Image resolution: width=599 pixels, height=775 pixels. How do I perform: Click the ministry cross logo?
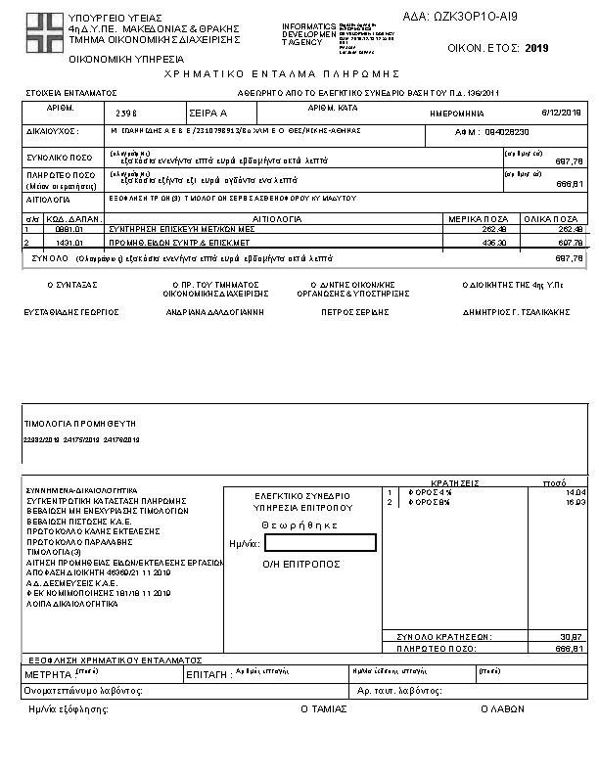pyautogui.click(x=42, y=32)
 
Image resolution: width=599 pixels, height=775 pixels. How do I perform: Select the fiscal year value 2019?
pyautogui.click(x=537, y=47)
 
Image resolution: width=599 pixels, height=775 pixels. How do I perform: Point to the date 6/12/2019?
pyautogui.click(x=562, y=113)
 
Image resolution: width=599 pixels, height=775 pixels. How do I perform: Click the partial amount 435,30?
pyautogui.click(x=491, y=241)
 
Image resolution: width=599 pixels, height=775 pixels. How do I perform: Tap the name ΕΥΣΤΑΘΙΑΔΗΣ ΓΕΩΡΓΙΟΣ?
pyautogui.click(x=71, y=312)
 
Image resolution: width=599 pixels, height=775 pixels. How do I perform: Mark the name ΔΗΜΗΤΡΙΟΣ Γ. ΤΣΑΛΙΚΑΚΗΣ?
pyautogui.click(x=516, y=312)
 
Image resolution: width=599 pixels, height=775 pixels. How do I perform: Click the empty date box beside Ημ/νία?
pyautogui.click(x=320, y=543)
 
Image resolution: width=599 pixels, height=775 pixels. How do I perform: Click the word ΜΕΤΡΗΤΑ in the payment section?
pyautogui.click(x=47, y=674)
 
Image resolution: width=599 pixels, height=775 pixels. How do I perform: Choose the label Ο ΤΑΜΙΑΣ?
pyautogui.click(x=324, y=708)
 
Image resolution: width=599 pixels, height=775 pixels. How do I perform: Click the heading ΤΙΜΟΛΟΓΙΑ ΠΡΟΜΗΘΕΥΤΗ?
pyautogui.click(x=79, y=423)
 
